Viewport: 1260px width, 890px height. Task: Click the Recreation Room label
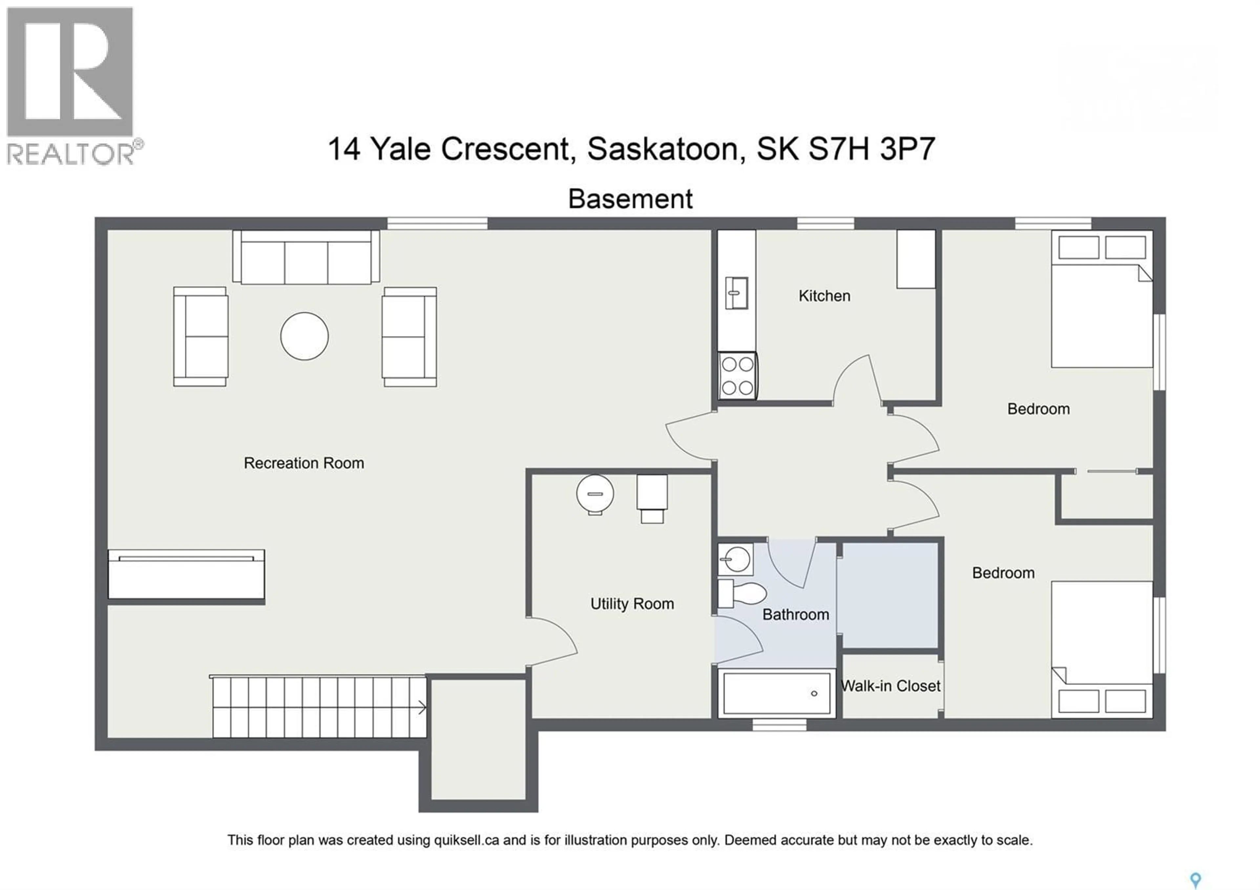304,463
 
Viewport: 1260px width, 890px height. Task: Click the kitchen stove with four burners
738,376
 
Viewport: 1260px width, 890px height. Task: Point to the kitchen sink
736,293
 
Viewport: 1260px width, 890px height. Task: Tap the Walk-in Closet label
890,686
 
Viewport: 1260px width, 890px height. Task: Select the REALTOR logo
71,85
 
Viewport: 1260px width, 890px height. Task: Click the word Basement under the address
630,199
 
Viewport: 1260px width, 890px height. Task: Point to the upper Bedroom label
1038,409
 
